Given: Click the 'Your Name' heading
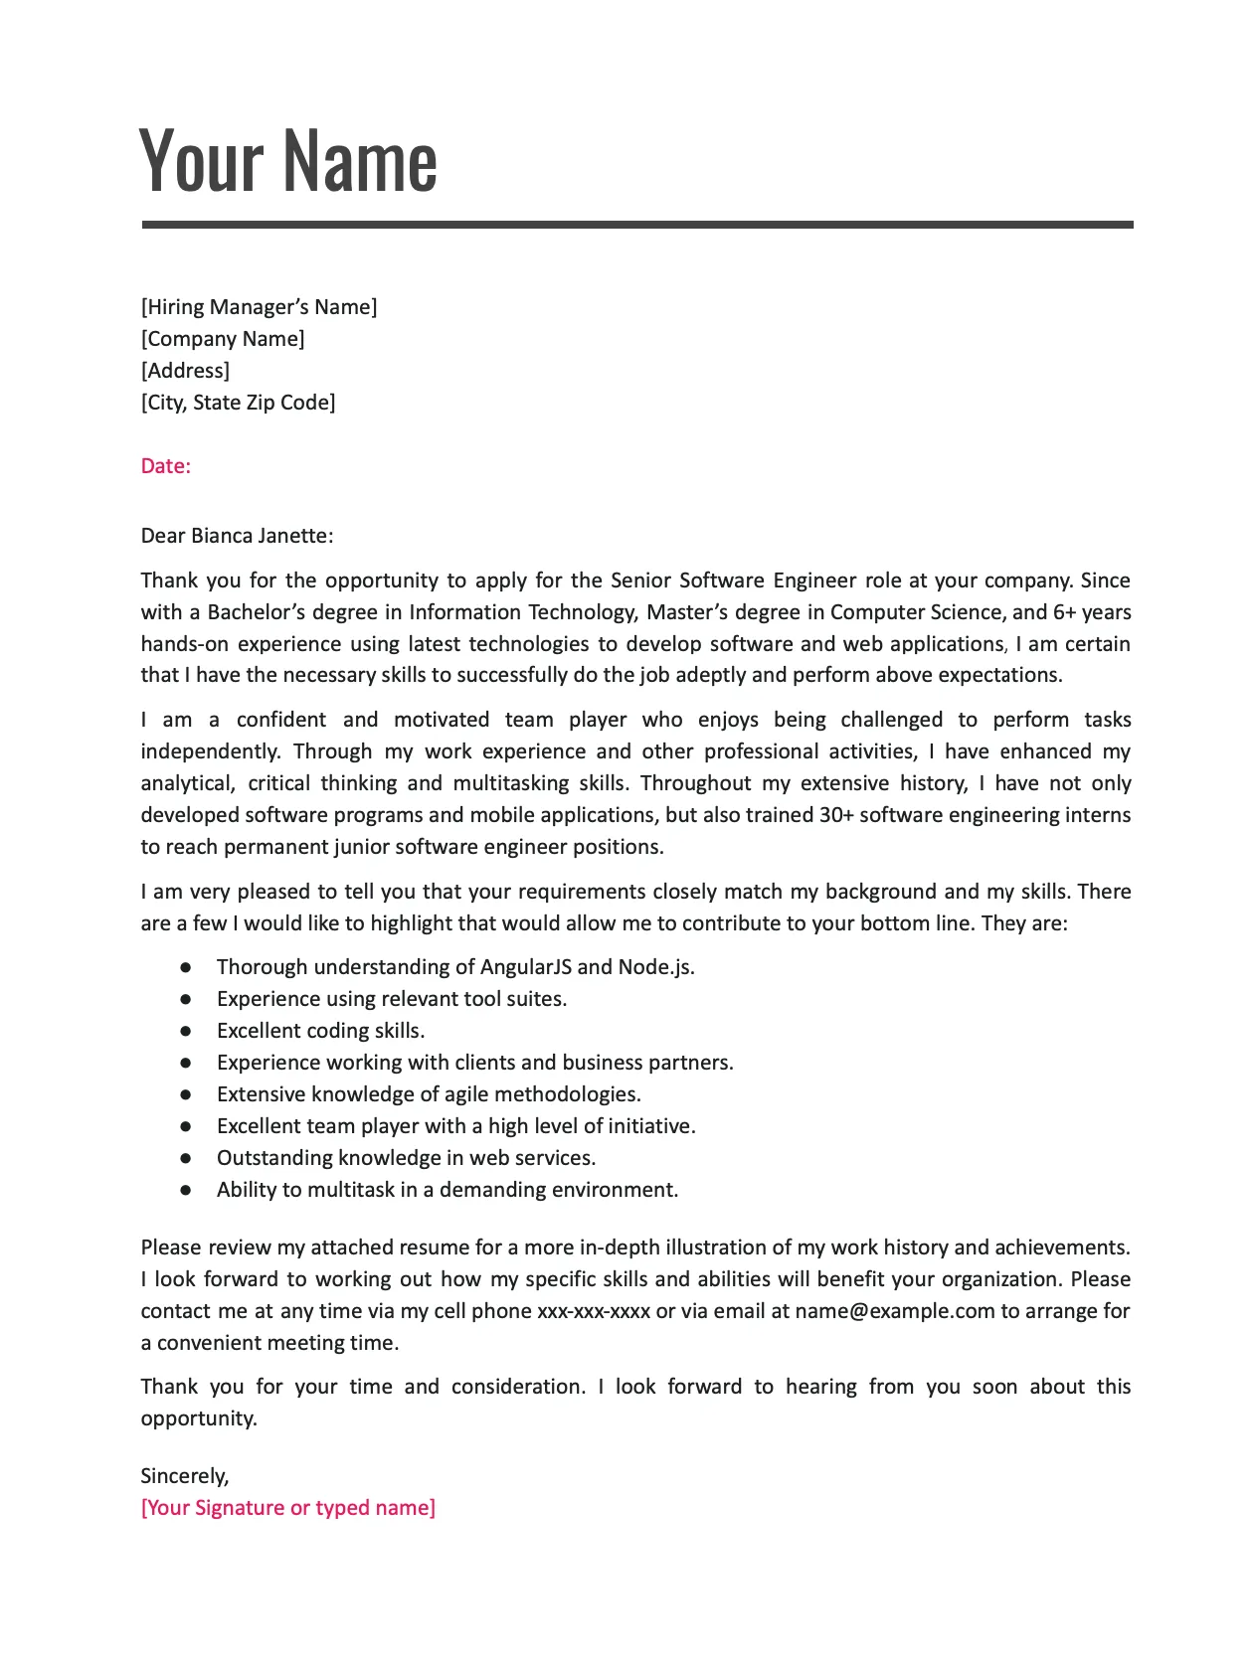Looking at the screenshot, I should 288,161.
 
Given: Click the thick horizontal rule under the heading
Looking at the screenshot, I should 636,225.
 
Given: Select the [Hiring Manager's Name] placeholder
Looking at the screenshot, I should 259,307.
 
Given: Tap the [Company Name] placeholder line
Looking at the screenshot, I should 223,339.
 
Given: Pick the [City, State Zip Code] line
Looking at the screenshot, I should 238,403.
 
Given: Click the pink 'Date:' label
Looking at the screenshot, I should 165,466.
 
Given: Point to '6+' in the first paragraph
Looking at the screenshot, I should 1064,612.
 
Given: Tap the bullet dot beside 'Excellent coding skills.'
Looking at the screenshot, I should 186,1031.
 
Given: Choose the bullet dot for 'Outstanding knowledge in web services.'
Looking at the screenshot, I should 186,1158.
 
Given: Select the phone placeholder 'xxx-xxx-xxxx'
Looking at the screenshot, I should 594,1311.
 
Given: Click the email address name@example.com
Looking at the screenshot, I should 894,1311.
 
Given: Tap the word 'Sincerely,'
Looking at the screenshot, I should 185,1476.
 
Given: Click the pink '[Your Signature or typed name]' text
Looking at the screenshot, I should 288,1508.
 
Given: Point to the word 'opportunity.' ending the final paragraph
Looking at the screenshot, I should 199,1418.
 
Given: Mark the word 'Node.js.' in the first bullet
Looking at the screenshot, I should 656,967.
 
